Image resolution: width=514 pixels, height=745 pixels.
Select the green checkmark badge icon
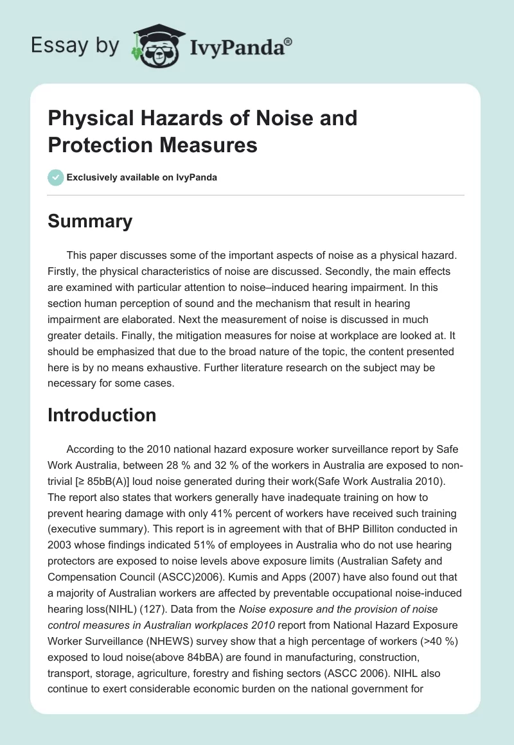[x=56, y=177]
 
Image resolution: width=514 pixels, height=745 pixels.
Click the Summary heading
[x=90, y=221]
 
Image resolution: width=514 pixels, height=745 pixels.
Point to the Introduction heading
[x=102, y=415]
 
